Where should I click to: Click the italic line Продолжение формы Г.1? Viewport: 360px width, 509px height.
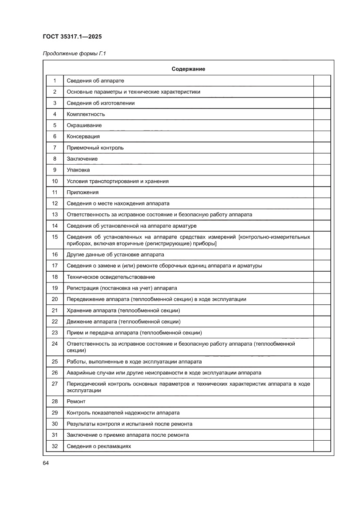74,54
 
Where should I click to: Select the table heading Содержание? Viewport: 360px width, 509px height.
188,69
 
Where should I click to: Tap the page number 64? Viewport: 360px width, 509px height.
46,463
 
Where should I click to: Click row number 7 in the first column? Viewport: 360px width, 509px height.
55,148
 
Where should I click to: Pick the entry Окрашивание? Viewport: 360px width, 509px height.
84,125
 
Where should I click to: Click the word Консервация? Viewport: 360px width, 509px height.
83,136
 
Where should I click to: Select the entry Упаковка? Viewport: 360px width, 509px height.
78,170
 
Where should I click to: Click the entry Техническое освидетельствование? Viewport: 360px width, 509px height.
111,277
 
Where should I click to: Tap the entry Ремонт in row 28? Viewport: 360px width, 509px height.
76,401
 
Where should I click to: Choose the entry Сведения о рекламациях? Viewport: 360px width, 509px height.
99,446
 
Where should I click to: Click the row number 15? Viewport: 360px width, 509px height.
55,237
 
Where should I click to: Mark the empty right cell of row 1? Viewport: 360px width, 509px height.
322,81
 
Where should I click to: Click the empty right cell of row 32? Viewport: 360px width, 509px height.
322,446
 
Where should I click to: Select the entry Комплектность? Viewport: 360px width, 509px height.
86,114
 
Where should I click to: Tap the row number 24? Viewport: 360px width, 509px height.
55,344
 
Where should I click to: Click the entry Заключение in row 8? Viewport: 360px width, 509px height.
82,159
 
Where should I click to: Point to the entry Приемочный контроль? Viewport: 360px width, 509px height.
95,148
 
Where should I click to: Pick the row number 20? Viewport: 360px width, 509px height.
55,299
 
